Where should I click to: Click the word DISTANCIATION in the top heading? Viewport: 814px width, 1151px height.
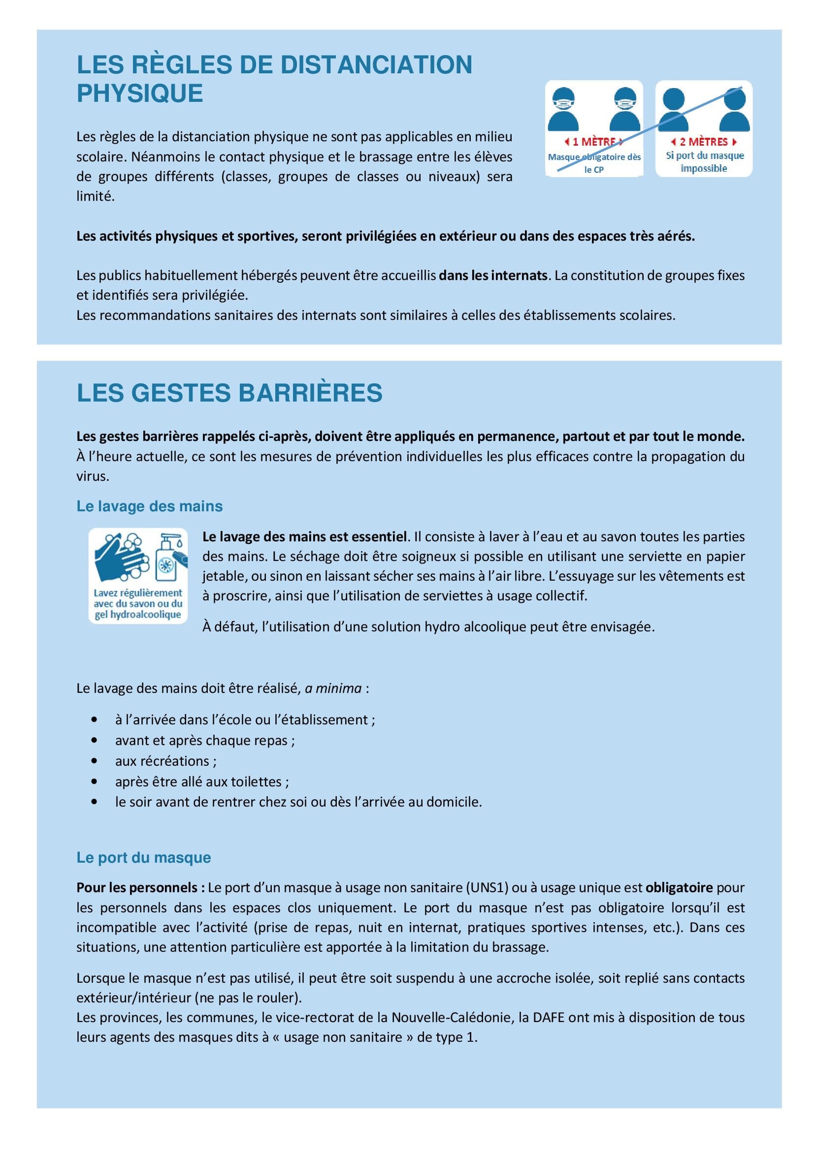tap(376, 65)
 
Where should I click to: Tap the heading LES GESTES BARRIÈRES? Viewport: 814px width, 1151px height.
tap(229, 393)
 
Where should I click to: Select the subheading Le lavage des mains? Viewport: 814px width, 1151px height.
tap(150, 506)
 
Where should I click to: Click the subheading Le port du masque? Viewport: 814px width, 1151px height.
tap(143, 858)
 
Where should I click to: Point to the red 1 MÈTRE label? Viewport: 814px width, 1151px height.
tap(594, 142)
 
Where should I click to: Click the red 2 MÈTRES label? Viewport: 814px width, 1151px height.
tap(704, 142)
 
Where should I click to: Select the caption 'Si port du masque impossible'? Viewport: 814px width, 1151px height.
tap(704, 162)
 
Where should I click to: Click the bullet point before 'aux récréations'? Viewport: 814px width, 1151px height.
tap(94, 761)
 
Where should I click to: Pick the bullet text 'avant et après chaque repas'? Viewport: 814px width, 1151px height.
tap(205, 741)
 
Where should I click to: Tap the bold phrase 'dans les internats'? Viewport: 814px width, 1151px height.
tap(493, 275)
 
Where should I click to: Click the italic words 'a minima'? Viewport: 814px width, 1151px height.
tap(333, 688)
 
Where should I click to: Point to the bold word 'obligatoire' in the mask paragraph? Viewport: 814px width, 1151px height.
tap(679, 888)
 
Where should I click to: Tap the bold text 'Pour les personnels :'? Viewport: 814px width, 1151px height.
tap(140, 888)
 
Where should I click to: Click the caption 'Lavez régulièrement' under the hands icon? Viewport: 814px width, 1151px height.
tap(138, 593)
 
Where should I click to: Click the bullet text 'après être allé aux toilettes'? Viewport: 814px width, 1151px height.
tap(201, 781)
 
